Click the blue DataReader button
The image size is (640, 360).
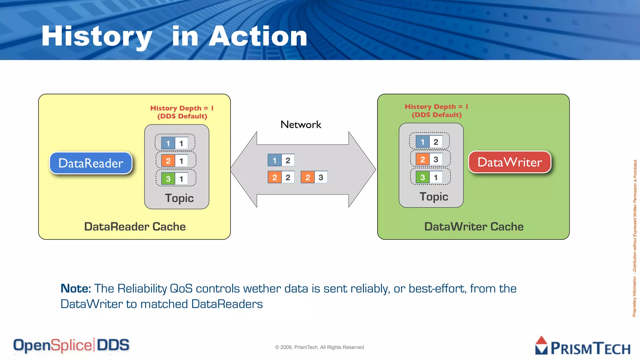(91, 163)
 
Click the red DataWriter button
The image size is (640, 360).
(509, 162)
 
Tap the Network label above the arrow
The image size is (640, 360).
(301, 125)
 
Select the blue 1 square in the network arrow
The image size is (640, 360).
(274, 160)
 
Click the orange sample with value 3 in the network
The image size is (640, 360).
(314, 177)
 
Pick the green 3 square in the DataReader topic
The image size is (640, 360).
(168, 179)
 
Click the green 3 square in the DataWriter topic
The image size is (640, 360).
(422, 177)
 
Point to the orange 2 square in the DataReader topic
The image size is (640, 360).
(168, 161)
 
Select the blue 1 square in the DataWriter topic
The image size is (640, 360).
(422, 142)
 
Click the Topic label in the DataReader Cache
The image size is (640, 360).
(179, 198)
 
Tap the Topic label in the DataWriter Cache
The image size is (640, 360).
(434, 197)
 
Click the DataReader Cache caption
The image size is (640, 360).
(135, 227)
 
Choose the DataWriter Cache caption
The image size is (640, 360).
(474, 227)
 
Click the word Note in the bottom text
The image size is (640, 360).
(75, 288)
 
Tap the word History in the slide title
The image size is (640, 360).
(97, 37)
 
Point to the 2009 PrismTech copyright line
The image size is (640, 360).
(319, 347)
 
